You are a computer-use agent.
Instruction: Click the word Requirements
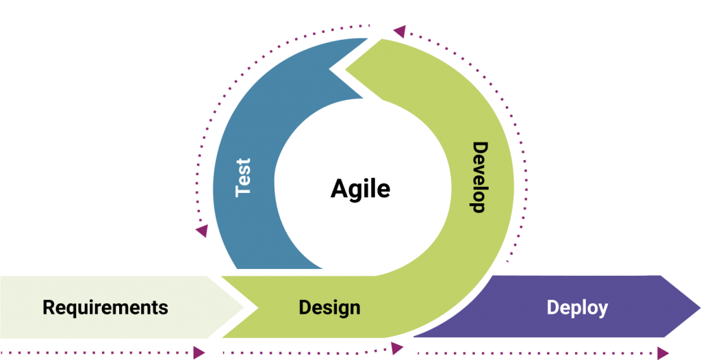click(105, 307)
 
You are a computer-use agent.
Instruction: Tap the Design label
click(329, 307)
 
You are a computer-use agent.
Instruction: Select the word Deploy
click(577, 307)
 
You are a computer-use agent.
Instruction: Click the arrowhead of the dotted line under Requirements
click(199, 352)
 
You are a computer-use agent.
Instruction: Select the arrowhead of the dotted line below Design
click(397, 348)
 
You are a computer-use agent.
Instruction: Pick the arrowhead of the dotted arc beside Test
click(201, 231)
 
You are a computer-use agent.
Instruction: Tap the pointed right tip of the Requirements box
click(242, 306)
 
